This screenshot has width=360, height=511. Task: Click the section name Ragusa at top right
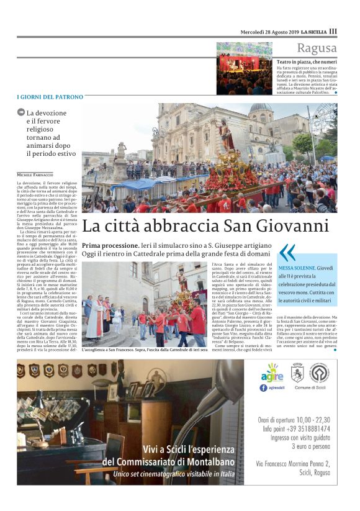tap(317, 48)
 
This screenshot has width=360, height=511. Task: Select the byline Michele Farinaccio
tap(35, 176)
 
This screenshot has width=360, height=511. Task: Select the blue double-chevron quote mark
tap(287, 252)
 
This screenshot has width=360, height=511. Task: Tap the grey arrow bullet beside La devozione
tap(21, 112)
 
